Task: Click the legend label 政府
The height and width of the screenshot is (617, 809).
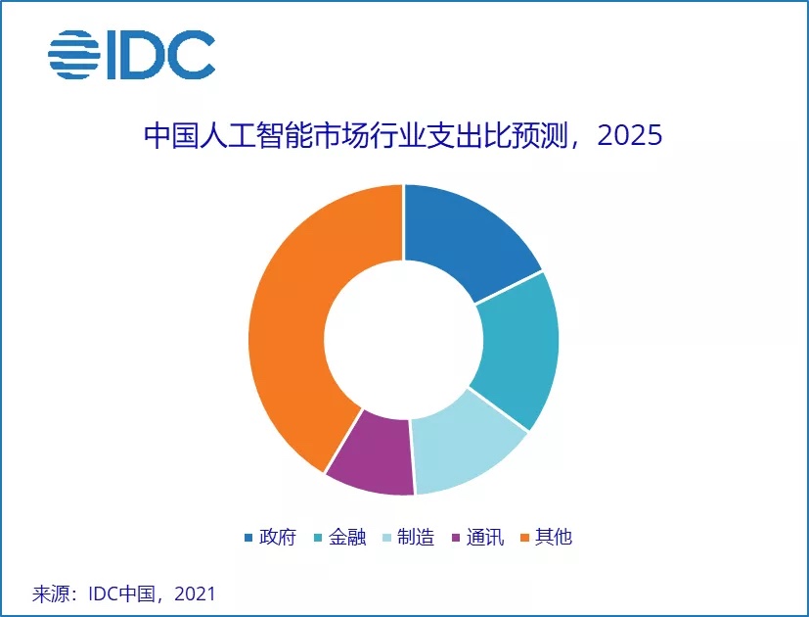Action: (x=278, y=538)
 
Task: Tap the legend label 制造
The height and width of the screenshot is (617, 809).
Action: (x=417, y=538)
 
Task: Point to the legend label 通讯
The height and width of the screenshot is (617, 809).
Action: (x=485, y=538)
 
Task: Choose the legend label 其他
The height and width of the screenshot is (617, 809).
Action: (x=554, y=538)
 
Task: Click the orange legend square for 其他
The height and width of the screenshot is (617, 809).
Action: (x=524, y=539)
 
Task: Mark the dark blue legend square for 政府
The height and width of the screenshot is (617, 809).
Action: (x=248, y=539)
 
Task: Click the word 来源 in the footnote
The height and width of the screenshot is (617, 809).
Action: (x=50, y=593)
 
